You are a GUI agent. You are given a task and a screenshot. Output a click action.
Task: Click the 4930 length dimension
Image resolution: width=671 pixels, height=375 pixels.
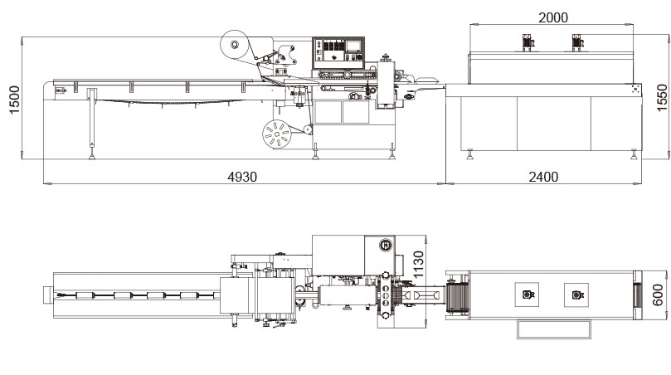[242, 177]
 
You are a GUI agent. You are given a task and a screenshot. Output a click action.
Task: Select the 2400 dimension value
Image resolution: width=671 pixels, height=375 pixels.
[543, 177]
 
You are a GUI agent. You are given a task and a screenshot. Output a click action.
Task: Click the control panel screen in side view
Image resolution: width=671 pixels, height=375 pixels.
[354, 49]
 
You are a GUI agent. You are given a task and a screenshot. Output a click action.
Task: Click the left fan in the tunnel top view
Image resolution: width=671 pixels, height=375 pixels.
[528, 294]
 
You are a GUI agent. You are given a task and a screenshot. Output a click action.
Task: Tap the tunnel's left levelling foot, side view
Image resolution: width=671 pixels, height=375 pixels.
[470, 153]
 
